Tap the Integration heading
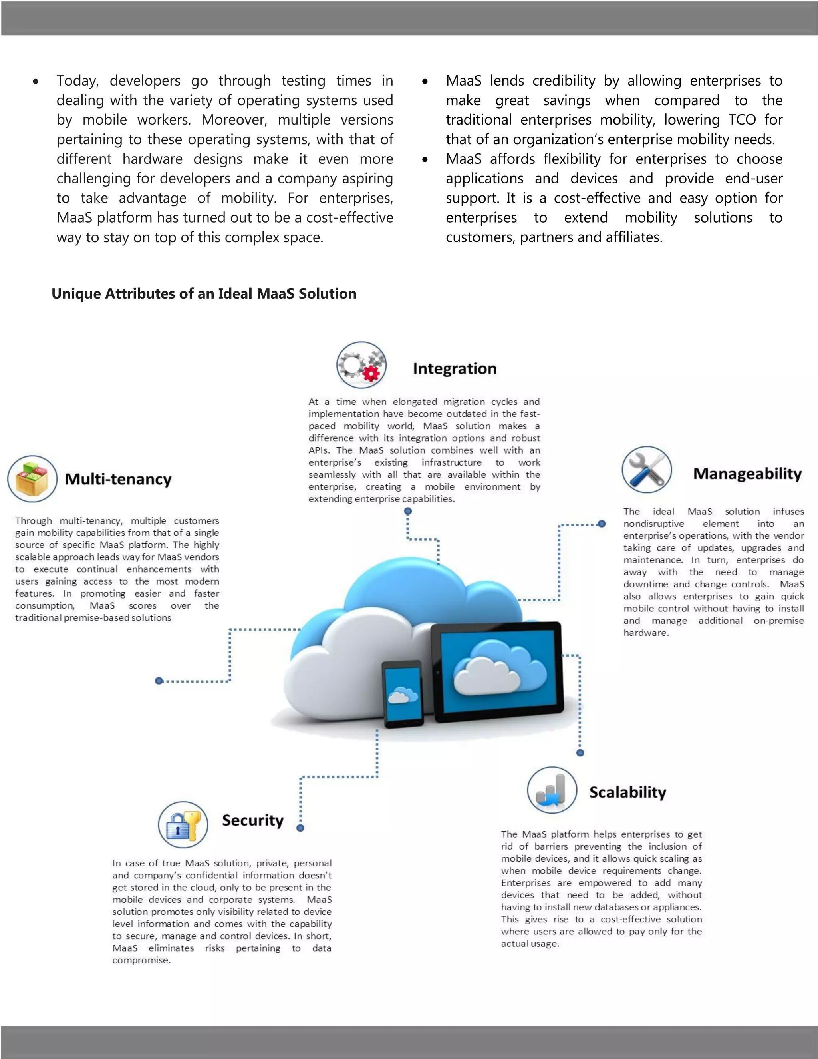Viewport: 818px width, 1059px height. [x=455, y=368]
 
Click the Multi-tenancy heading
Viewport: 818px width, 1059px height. [x=118, y=479]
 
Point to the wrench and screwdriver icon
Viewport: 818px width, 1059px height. [x=647, y=470]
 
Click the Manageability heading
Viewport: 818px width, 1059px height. [x=747, y=473]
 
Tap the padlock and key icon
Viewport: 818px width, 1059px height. [x=183, y=824]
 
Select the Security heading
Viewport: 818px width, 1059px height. [x=252, y=820]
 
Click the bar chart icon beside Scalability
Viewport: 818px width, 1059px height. [x=552, y=790]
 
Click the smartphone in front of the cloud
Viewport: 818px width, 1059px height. [x=403, y=694]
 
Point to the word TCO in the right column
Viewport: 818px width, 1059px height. [x=741, y=120]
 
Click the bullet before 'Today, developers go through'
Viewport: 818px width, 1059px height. [x=36, y=82]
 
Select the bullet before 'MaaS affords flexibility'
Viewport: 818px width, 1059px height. [x=425, y=159]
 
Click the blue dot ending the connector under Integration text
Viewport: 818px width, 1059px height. [x=408, y=511]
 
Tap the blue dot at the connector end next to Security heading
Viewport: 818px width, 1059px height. [x=300, y=828]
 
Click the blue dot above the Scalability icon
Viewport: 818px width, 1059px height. [x=580, y=752]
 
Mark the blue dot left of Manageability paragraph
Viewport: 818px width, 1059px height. [x=602, y=524]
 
